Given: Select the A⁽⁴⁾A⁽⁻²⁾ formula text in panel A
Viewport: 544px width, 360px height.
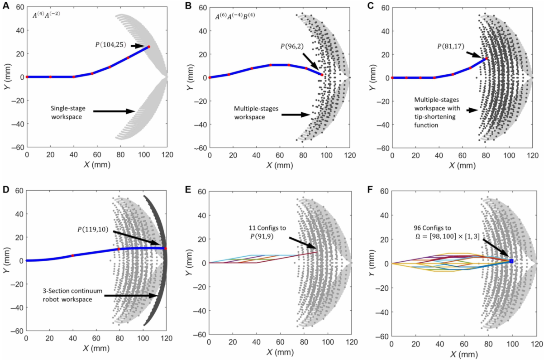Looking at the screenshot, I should (x=47, y=14).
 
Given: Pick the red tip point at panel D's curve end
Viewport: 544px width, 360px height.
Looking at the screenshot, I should (x=165, y=248).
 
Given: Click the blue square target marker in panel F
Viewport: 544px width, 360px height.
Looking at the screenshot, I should (x=511, y=261).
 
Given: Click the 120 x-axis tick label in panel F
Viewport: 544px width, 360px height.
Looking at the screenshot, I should (x=536, y=342).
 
